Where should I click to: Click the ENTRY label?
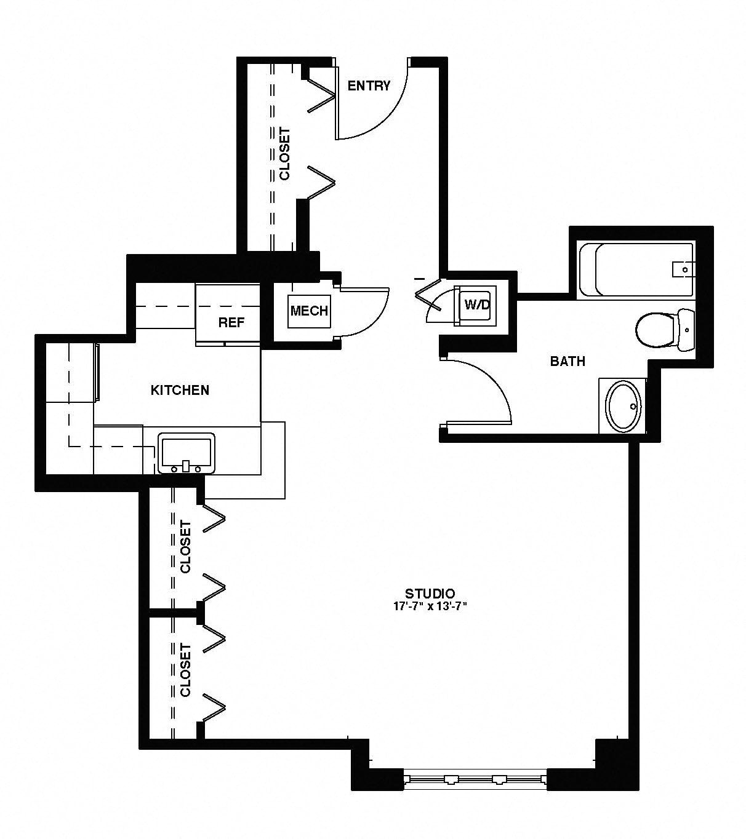click(369, 86)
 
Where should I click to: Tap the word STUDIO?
click(430, 594)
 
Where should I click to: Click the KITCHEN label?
click(180, 390)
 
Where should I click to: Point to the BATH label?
click(568, 361)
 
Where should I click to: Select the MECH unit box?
click(309, 311)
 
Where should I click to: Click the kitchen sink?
click(186, 453)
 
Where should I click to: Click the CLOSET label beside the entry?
click(284, 154)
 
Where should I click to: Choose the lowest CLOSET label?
click(185, 670)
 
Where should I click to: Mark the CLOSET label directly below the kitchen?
click(185, 547)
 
